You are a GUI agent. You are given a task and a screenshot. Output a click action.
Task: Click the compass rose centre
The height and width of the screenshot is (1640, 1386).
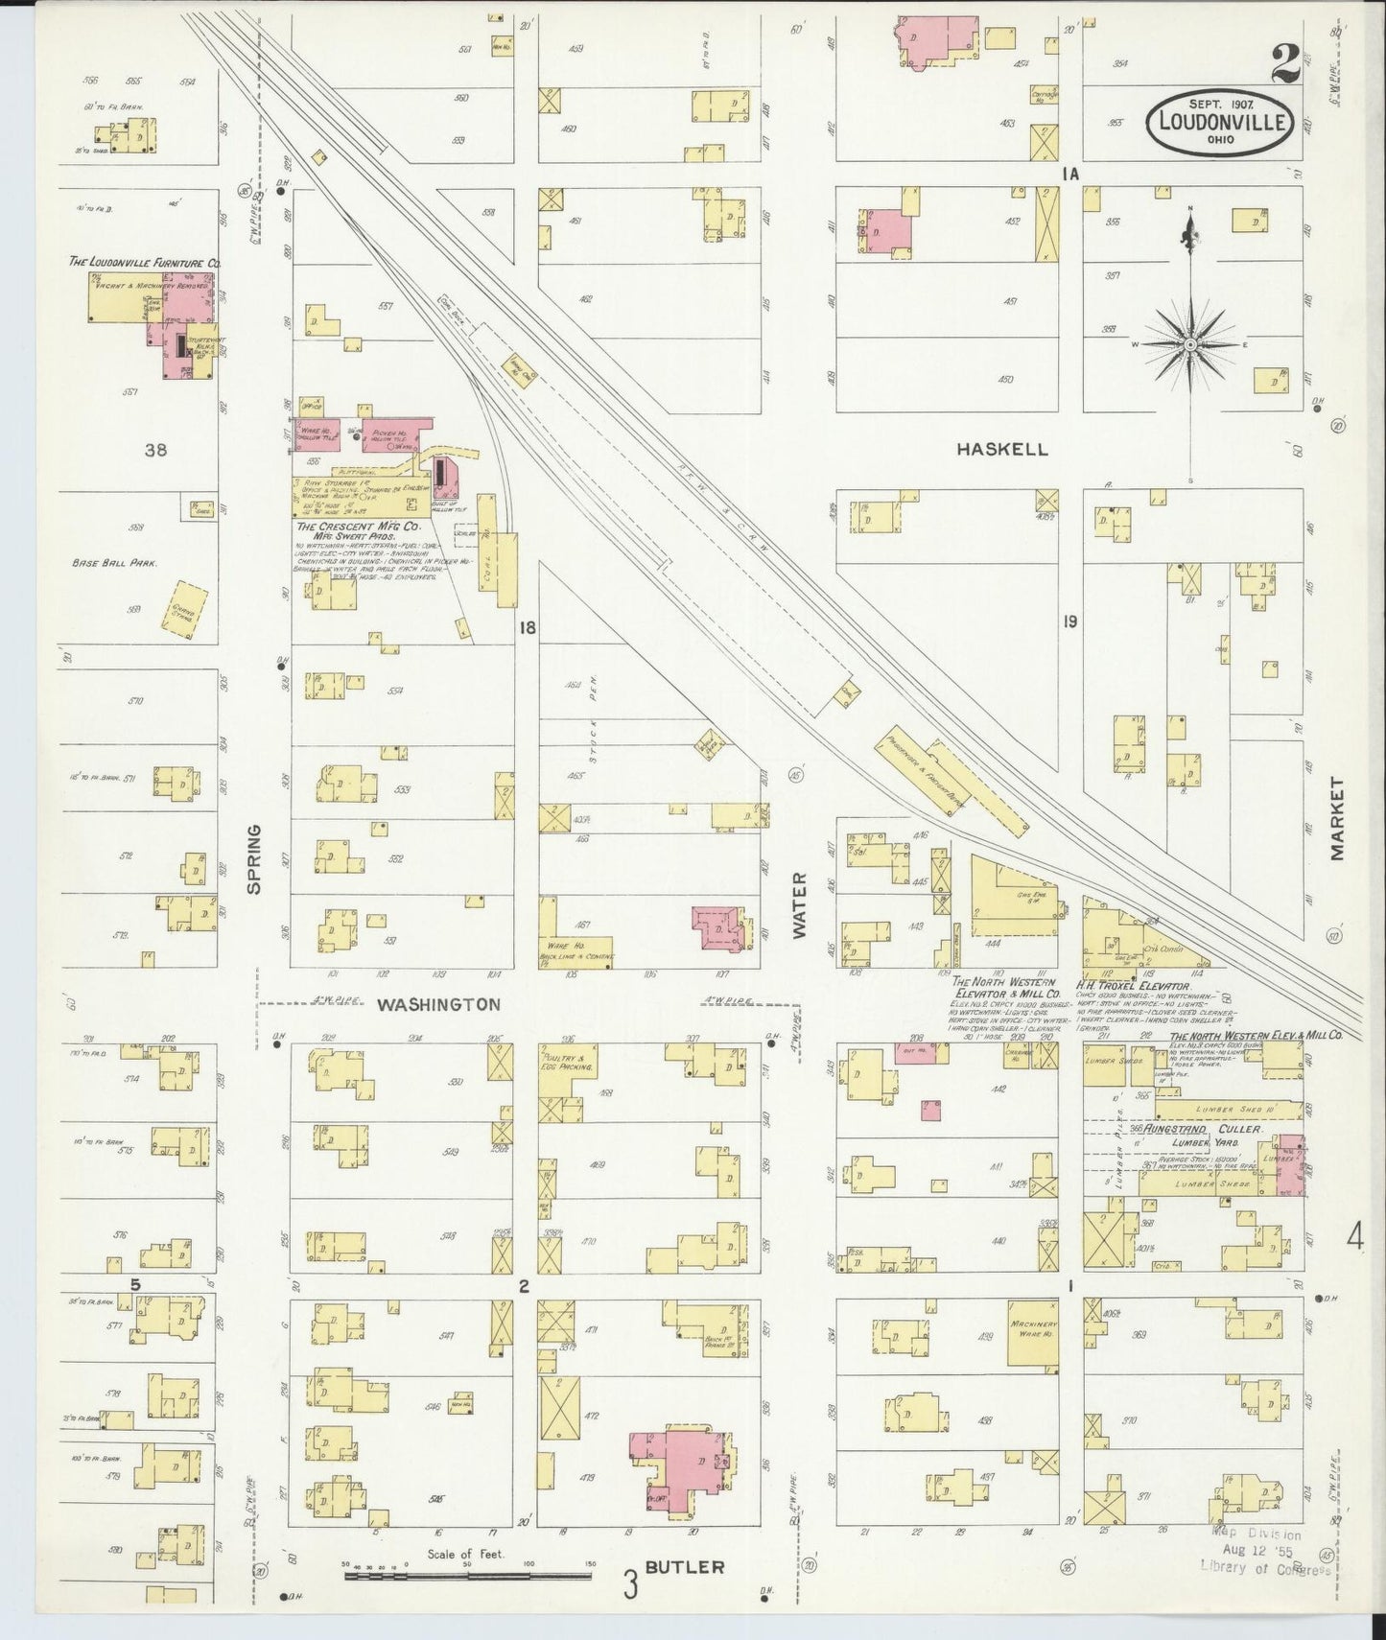[1190, 344]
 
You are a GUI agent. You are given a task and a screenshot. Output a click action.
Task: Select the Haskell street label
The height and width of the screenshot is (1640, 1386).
[1002, 449]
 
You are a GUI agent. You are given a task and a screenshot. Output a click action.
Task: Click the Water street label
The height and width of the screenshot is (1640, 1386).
[800, 903]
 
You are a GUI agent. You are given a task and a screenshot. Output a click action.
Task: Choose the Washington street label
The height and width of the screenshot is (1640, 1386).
[438, 1004]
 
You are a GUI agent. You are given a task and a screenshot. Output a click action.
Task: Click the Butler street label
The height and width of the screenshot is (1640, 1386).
[684, 1566]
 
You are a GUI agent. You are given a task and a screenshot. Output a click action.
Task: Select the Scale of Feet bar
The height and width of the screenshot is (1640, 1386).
[467, 1574]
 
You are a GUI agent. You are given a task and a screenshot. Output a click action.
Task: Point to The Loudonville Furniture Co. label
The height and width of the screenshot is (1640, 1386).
[145, 261]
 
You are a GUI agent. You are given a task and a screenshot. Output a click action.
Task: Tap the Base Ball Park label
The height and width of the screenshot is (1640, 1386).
[114, 564]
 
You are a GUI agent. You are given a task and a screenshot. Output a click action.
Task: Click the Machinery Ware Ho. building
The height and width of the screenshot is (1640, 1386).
[1032, 1333]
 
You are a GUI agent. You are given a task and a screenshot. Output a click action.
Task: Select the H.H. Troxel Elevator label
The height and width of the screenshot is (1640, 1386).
[1133, 985]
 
